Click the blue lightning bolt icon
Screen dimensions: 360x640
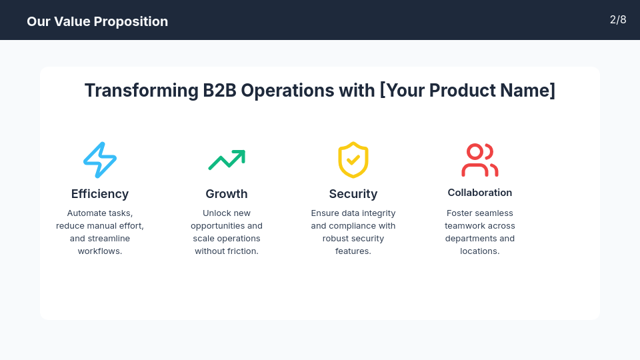click(x=100, y=160)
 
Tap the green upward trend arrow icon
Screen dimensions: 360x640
click(x=227, y=160)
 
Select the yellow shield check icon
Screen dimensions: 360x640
click(x=353, y=160)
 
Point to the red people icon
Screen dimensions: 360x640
click(x=480, y=160)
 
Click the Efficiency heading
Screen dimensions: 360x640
click(x=100, y=194)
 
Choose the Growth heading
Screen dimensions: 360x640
click(x=227, y=194)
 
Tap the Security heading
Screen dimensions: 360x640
click(x=353, y=194)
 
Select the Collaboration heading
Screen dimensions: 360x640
click(x=480, y=193)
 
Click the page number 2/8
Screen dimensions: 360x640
click(x=618, y=20)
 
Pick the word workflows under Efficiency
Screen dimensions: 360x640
click(x=99, y=251)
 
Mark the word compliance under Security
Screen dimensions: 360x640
click(x=353, y=226)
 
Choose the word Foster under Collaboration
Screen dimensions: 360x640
click(x=460, y=213)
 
